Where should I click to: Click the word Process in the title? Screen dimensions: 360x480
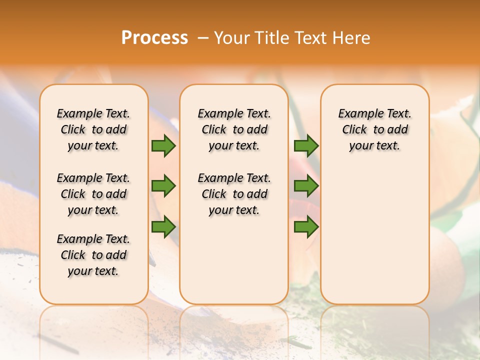[154, 38]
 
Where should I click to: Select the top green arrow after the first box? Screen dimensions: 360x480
[163, 145]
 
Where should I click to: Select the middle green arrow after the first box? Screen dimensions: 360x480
[163, 186]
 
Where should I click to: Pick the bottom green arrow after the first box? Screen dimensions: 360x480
[163, 227]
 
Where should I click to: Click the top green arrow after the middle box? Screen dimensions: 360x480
[306, 145]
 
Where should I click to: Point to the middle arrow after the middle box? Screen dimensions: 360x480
[306, 186]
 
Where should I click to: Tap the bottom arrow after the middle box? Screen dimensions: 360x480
[306, 227]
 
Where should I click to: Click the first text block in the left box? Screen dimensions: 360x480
[93, 129]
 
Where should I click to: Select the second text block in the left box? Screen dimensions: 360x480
[93, 194]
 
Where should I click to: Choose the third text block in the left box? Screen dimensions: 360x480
[93, 255]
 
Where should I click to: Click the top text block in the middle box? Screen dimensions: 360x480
[234, 129]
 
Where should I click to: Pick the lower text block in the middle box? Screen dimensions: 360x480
[234, 194]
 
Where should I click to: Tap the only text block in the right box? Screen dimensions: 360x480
[374, 129]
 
